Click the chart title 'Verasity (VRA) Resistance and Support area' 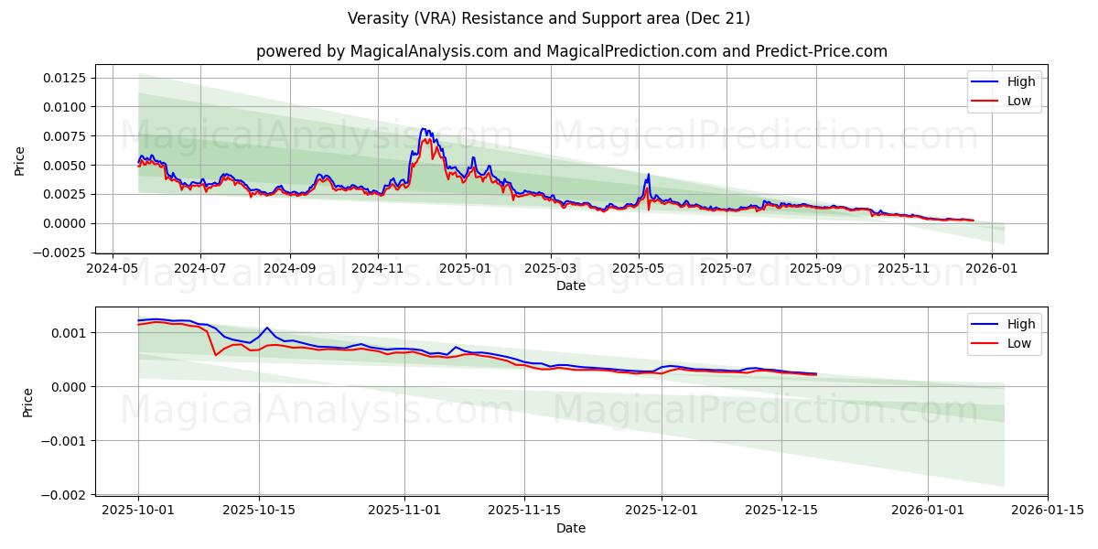549,18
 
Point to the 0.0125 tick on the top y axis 64,78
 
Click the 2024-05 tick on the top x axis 113,270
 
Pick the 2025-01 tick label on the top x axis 466,270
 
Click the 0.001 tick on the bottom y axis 70,333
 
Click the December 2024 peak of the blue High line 422,129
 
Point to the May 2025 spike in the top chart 649,174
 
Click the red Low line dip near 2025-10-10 215,355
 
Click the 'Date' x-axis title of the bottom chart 571,528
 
